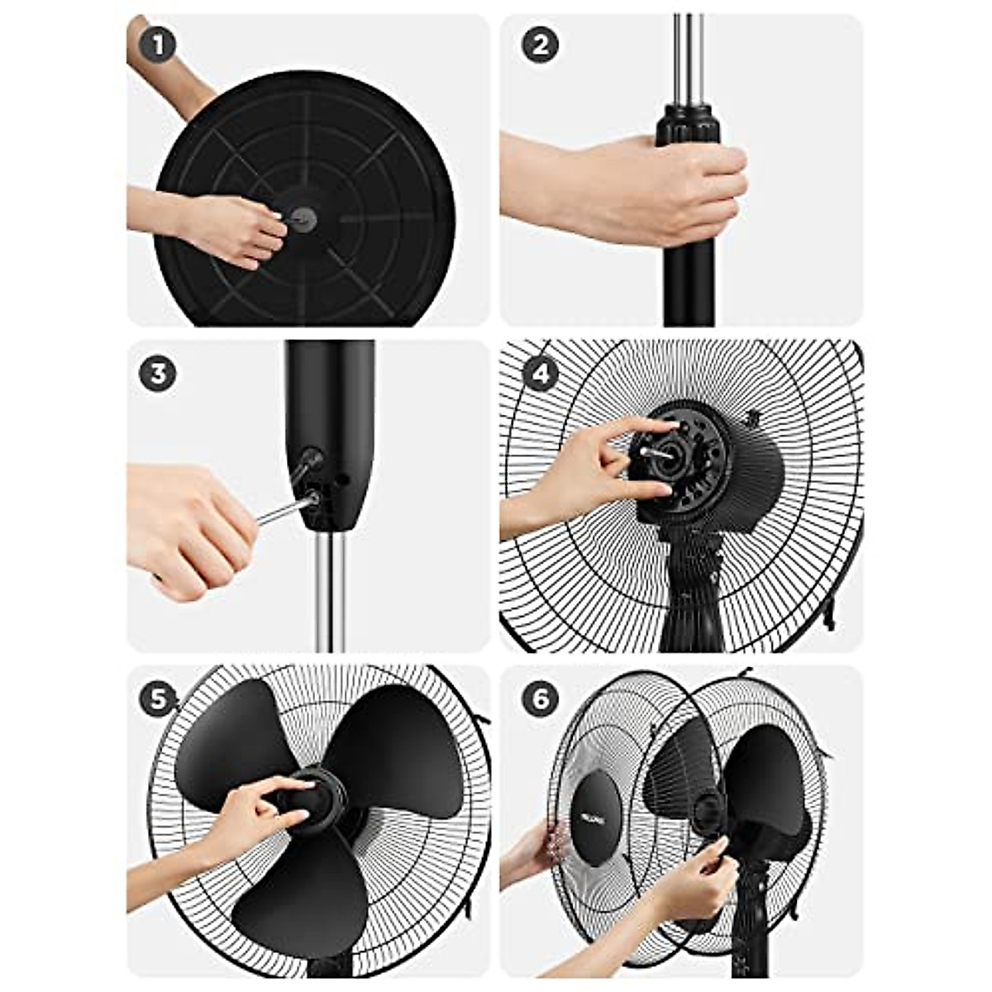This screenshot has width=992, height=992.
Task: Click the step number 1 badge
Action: (157, 45)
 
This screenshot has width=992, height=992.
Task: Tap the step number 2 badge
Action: (540, 45)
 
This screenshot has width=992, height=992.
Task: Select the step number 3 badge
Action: (157, 374)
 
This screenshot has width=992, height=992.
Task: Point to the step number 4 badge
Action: (540, 374)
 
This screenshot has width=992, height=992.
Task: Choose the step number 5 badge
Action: (157, 699)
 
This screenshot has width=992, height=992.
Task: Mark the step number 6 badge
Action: (540, 699)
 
